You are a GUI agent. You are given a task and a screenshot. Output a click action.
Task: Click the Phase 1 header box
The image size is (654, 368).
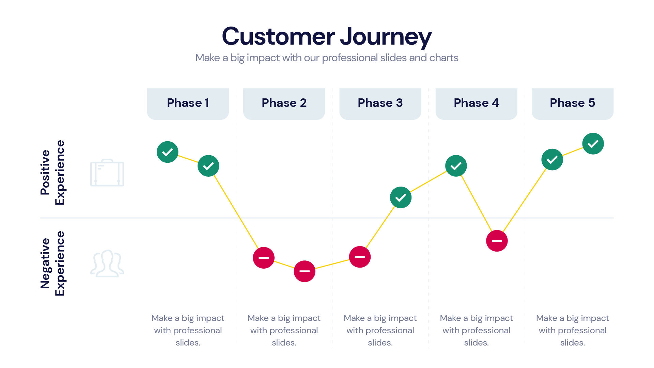point(188,103)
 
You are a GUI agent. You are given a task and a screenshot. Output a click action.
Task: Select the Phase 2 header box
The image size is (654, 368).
point(284,103)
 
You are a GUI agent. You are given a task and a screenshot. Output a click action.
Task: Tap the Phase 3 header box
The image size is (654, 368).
point(380,103)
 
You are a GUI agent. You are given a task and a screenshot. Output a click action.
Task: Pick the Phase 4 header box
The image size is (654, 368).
point(476,103)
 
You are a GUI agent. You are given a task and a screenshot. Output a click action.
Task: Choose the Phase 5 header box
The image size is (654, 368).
point(572,103)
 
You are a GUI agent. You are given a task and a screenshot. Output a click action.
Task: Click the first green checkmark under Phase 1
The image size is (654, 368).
point(167,152)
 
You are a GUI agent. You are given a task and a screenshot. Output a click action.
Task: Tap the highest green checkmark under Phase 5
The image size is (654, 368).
point(593,144)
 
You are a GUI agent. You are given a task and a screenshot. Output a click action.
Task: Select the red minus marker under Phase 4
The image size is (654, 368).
point(497,241)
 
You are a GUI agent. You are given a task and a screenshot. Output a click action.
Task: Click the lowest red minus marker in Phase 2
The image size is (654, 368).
point(304,271)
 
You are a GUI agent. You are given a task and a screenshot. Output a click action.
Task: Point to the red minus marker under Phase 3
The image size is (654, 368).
point(360,257)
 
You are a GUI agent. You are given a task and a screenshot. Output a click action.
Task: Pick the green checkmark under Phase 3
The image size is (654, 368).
point(401,197)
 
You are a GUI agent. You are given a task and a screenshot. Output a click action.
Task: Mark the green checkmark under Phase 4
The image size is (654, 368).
point(456,166)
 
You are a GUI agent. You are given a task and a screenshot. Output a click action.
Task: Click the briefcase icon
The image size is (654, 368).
point(107,173)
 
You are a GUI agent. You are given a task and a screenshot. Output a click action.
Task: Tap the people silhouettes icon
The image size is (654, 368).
point(107,263)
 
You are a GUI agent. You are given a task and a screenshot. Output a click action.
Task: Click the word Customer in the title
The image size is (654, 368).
point(278,36)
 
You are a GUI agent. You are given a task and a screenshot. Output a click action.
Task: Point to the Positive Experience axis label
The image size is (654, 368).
point(52,173)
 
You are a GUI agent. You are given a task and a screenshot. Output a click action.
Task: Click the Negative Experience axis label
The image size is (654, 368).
point(52,263)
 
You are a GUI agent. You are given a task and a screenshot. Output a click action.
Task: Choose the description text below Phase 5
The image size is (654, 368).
point(572,330)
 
